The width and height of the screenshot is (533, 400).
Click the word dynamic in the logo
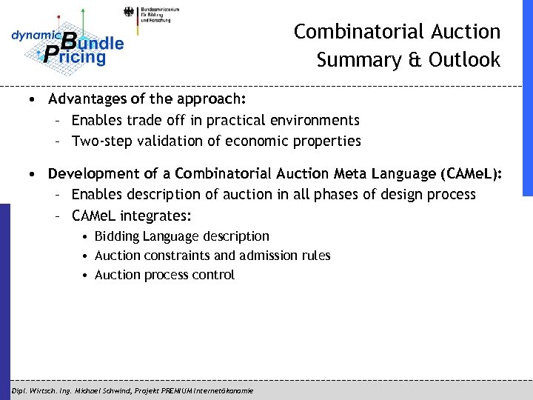34,36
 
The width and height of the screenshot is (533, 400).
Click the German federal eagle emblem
130,13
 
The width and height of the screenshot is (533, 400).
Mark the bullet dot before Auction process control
87,276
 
